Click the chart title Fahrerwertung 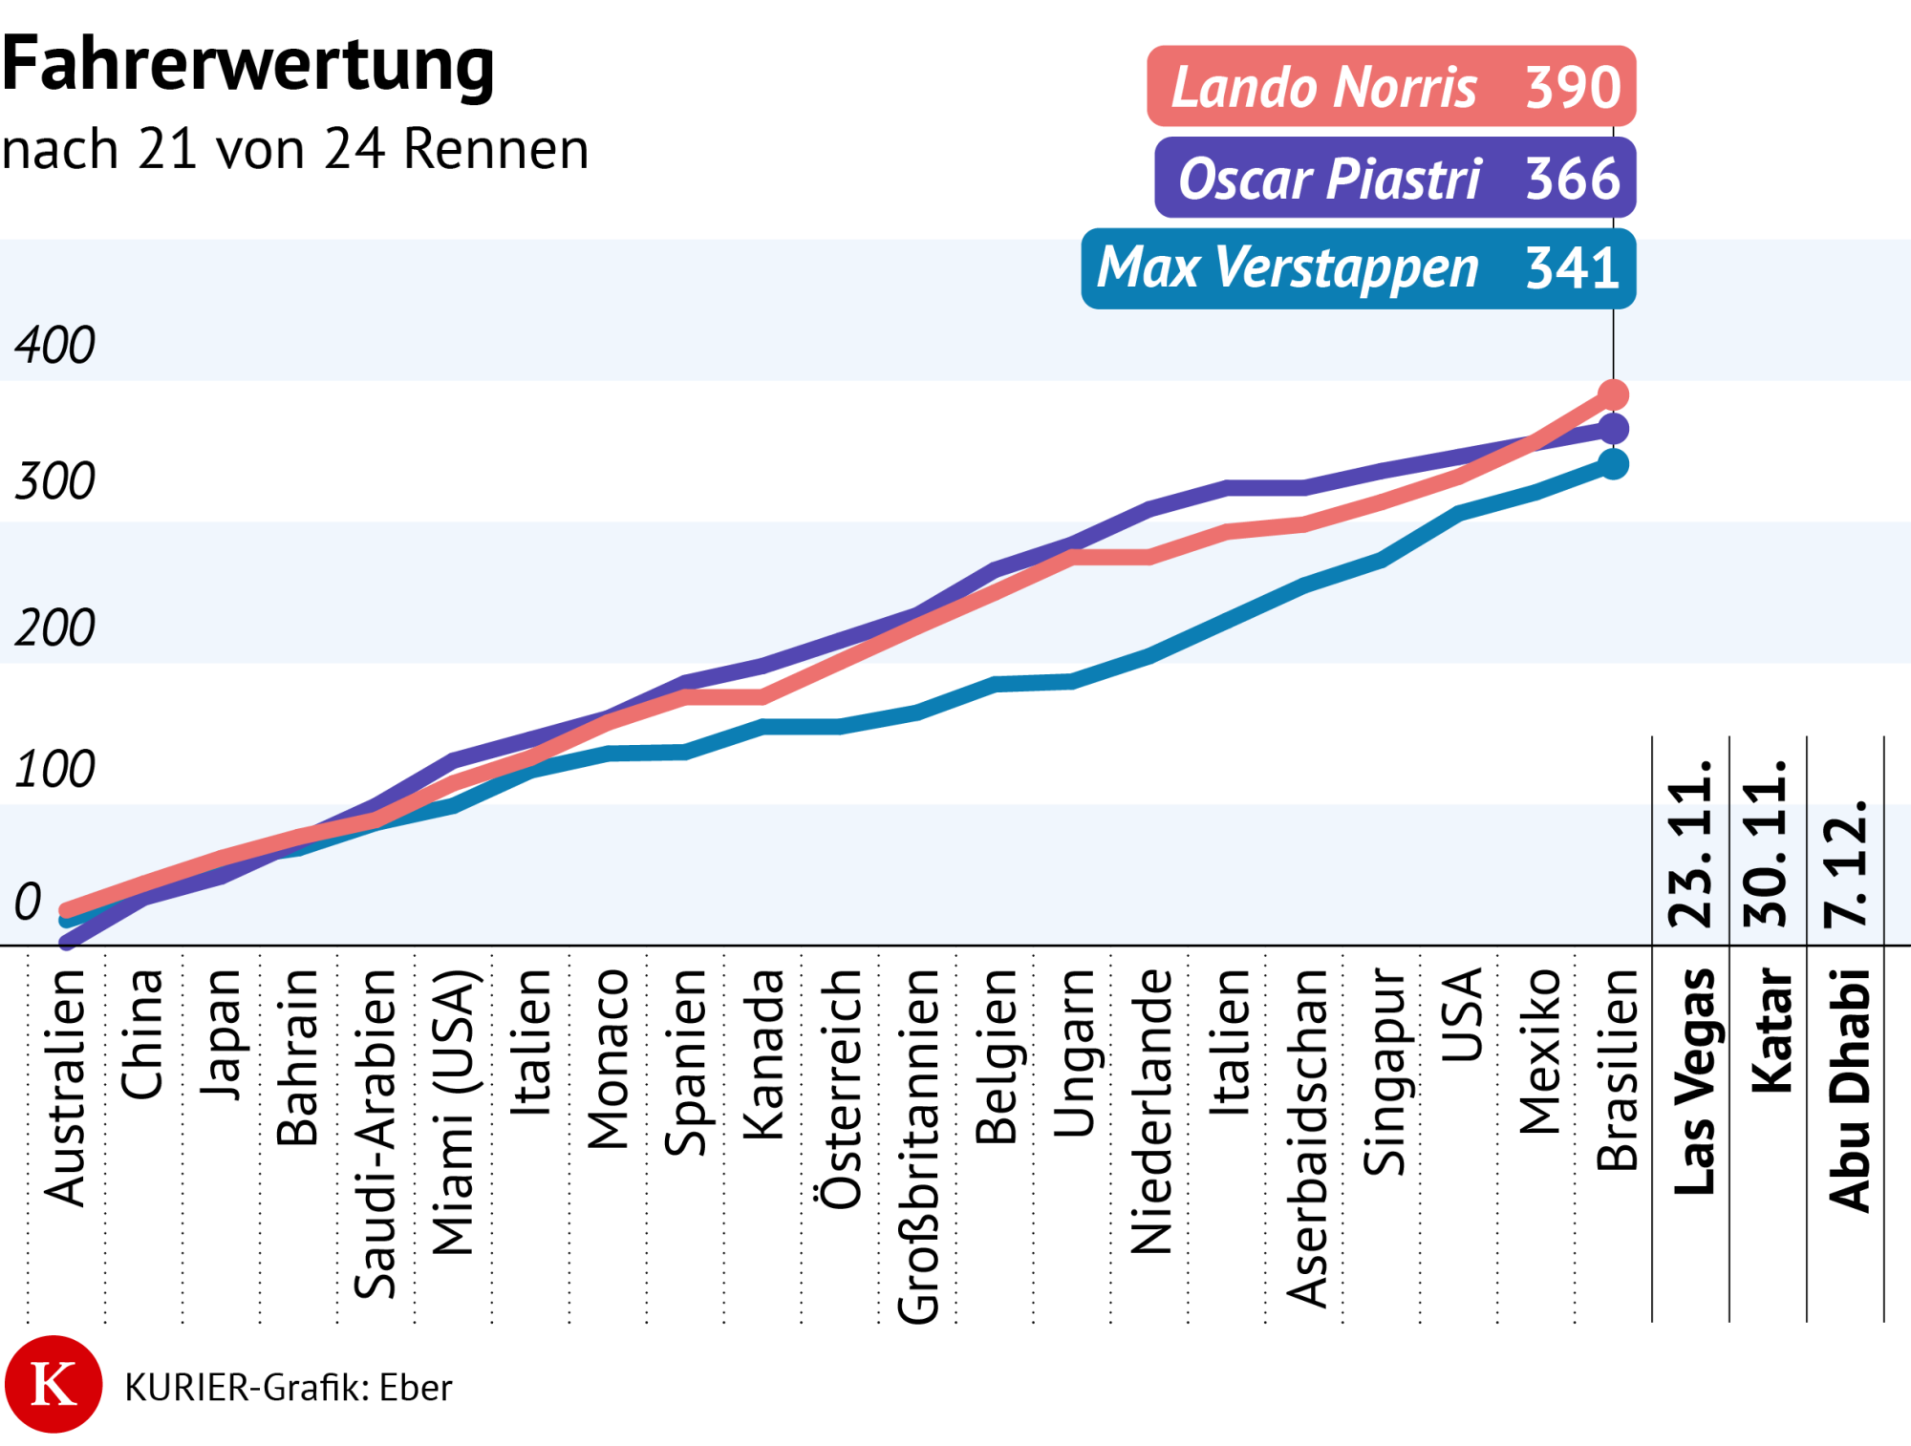coord(248,65)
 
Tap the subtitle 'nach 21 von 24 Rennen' coord(295,150)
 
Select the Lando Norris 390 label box coord(1391,87)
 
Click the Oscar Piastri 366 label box coord(1395,179)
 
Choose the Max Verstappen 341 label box coord(1358,268)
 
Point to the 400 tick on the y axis coord(54,345)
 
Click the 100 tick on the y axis coord(54,769)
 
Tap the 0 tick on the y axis coord(28,902)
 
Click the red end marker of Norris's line coord(1613,394)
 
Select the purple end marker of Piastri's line coord(1613,429)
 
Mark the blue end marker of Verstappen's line coord(1613,465)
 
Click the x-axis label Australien coord(66,1088)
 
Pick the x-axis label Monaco coord(609,1059)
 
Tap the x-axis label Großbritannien coord(918,1146)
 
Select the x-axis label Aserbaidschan coord(1307,1138)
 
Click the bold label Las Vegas coord(1694,1081)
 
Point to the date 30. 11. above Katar coord(1767,842)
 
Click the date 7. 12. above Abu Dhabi coord(1845,861)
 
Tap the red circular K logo coord(54,1384)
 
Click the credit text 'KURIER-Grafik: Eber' coord(288,1388)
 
